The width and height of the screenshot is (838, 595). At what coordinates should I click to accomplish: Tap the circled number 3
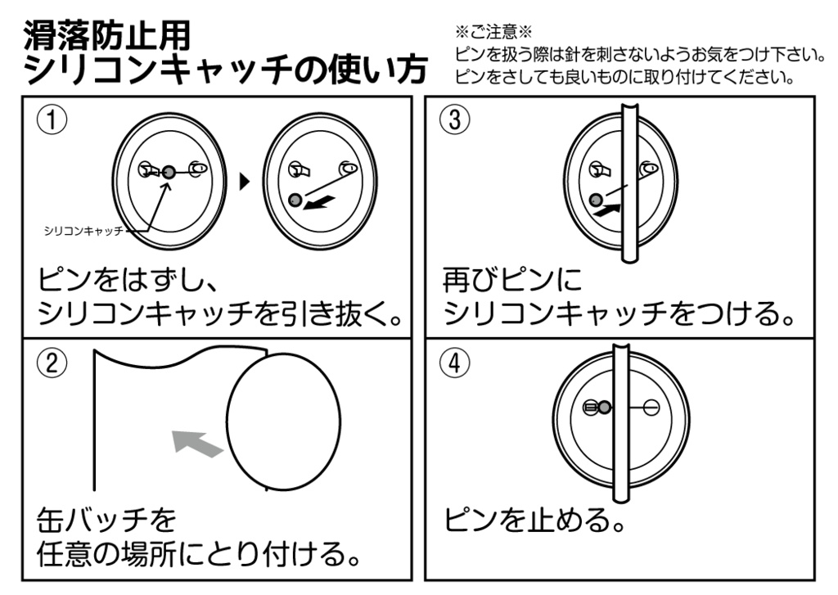pos(455,120)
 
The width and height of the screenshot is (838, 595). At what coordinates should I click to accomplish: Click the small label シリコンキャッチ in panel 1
pos(82,232)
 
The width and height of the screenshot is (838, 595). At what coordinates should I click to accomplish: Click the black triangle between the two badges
pos(244,183)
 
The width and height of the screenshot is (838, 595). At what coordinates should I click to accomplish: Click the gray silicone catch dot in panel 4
pos(604,407)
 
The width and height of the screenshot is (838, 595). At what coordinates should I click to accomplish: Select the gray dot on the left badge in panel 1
pos(168,171)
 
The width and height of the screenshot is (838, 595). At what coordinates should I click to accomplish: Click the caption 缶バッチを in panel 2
pos(107,519)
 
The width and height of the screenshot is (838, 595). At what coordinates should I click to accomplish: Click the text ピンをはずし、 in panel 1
pos(128,280)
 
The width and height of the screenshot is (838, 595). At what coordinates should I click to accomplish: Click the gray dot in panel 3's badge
pos(596,199)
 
